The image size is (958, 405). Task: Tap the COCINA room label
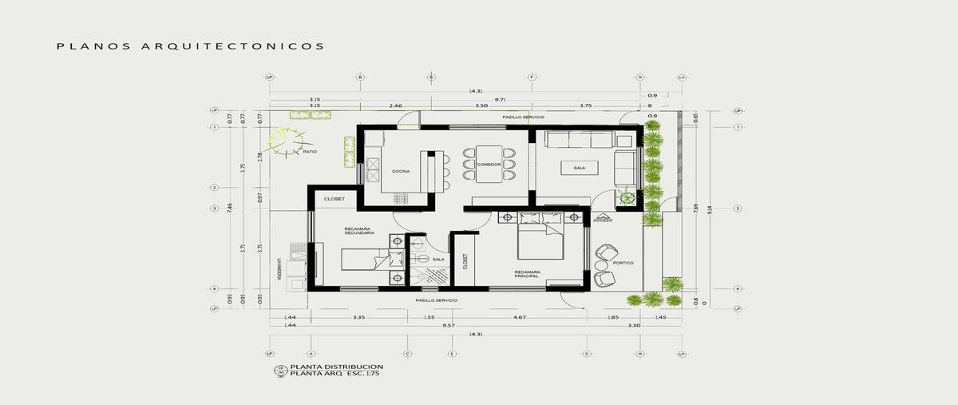click(x=401, y=172)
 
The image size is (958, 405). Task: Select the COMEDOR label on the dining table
click(x=489, y=165)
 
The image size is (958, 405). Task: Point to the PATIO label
click(x=310, y=151)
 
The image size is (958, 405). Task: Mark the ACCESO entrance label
click(x=604, y=219)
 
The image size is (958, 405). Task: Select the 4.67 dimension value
click(x=519, y=318)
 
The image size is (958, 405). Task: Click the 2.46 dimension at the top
click(x=396, y=105)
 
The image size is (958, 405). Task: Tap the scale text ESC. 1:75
click(x=340, y=372)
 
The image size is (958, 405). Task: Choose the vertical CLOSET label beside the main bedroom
click(x=465, y=261)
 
